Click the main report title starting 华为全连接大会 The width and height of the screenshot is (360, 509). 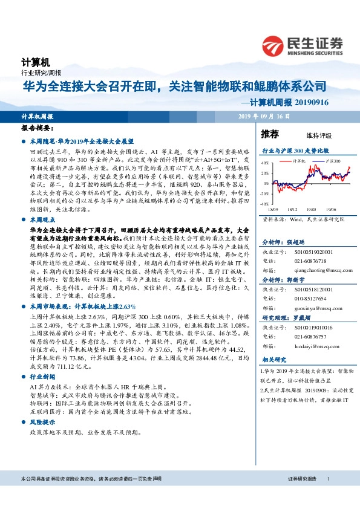(175, 86)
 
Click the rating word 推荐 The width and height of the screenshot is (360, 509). (270, 134)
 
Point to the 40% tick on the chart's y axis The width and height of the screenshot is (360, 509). (264, 163)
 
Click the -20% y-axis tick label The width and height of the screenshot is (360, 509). (264, 194)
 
